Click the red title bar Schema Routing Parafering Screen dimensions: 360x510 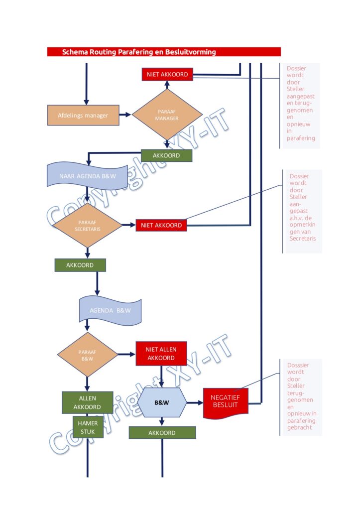(x=164, y=52)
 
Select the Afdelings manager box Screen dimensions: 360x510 (x=83, y=115)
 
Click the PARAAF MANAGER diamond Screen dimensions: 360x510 (x=167, y=115)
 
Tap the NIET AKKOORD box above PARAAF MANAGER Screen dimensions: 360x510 (x=167, y=74)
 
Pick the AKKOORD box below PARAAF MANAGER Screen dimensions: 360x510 (x=166, y=155)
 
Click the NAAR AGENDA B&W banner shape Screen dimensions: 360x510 (x=87, y=176)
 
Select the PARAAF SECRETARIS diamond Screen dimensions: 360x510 (x=87, y=225)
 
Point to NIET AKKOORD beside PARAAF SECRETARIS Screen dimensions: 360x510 (x=161, y=225)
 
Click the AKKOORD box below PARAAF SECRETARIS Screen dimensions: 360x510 (x=80, y=265)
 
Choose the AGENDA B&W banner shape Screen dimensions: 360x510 (x=110, y=311)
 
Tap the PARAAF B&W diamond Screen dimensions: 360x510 (x=87, y=355)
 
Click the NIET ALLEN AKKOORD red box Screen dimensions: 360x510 (x=161, y=354)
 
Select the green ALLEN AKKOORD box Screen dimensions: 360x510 (x=88, y=402)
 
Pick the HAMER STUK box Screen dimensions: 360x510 (x=88, y=427)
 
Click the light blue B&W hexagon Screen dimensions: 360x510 (x=162, y=402)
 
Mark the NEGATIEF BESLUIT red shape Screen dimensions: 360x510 (x=226, y=402)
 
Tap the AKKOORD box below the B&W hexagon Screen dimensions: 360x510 (x=162, y=433)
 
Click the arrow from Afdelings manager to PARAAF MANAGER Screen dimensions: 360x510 (x=125, y=115)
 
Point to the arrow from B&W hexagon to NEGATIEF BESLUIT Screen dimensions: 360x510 (x=195, y=402)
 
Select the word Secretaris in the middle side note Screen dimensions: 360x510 (x=302, y=239)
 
